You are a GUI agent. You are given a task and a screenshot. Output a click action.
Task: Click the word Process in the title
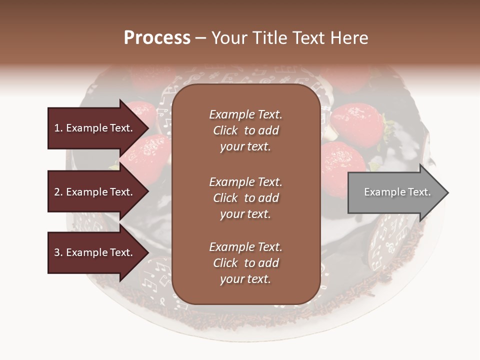tap(157, 38)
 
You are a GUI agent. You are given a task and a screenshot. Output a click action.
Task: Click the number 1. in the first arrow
tap(58, 128)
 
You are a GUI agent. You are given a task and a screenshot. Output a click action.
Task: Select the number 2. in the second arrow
tap(58, 192)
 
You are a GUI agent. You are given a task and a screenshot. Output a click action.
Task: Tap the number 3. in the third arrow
tap(58, 252)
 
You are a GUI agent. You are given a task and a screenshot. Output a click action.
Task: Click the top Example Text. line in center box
tap(245, 114)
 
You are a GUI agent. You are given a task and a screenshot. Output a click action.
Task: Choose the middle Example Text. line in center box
tap(245, 182)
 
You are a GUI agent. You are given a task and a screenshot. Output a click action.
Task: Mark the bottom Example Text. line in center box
tap(245, 247)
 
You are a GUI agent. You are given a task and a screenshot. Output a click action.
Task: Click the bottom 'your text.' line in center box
tap(245, 279)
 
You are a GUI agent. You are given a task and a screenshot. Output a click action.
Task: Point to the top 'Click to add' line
tap(245, 130)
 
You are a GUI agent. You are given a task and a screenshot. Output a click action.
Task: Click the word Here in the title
tap(349, 38)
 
